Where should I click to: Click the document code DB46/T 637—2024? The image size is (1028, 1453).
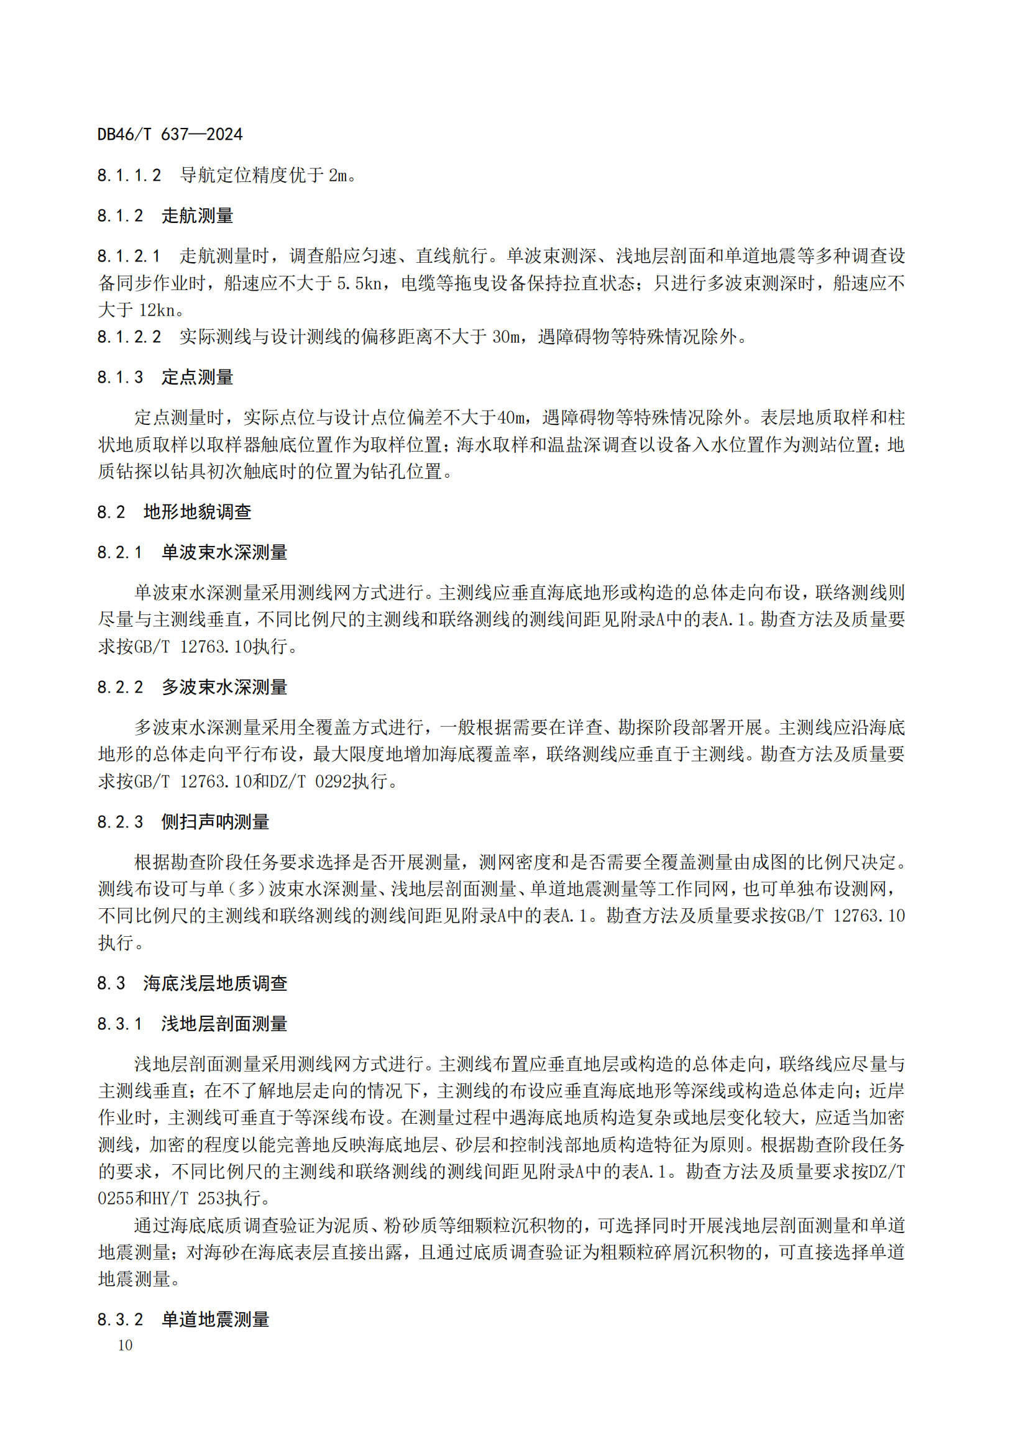(x=170, y=134)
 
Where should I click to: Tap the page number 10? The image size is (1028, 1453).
(x=126, y=1345)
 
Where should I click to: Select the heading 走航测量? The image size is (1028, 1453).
(x=197, y=216)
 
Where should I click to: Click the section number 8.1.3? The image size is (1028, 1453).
(x=121, y=377)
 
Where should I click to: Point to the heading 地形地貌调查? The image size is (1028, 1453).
(x=197, y=511)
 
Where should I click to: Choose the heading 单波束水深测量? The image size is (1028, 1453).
(x=224, y=552)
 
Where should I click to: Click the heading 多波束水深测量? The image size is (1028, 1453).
(x=224, y=686)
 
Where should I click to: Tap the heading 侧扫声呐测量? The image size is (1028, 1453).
(x=215, y=821)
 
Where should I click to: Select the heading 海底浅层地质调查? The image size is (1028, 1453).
(x=215, y=983)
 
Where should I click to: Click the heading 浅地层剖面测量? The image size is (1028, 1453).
(x=224, y=1023)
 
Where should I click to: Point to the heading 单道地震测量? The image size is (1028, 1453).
(x=215, y=1319)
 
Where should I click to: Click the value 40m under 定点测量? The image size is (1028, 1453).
(x=511, y=417)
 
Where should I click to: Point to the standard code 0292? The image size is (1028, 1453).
(x=333, y=781)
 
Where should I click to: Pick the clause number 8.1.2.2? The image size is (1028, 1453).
(x=129, y=337)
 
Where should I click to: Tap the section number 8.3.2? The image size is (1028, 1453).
(x=121, y=1319)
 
